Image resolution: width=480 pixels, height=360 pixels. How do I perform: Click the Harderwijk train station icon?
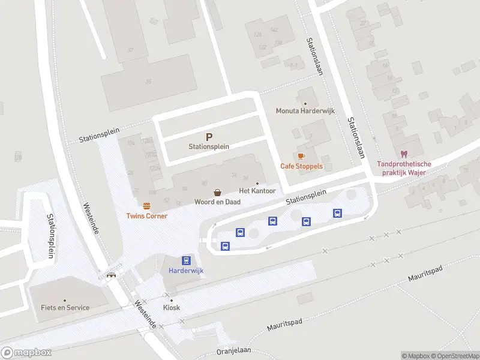click(x=187, y=260)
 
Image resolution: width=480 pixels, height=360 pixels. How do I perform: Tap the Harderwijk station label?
click(x=186, y=271)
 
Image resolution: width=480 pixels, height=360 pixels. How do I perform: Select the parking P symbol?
click(x=209, y=137)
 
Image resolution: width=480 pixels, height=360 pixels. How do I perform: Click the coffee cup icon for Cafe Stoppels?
click(x=301, y=156)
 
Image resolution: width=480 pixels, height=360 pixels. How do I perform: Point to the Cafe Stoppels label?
click(x=301, y=166)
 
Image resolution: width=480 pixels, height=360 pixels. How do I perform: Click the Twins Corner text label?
click(x=146, y=216)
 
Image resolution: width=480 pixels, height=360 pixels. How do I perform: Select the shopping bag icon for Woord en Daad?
click(x=217, y=193)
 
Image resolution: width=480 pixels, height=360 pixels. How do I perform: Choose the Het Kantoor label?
click(x=257, y=191)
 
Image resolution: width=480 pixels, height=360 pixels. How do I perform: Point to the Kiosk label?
click(x=172, y=308)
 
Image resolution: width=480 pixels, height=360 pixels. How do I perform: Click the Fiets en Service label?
click(x=65, y=308)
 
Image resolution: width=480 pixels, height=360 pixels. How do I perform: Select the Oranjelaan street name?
click(x=235, y=350)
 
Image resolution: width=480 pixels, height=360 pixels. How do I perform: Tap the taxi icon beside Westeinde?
click(x=112, y=275)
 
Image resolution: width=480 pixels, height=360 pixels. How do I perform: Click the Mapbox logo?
click(x=26, y=352)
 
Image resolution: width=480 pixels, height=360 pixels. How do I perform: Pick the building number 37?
click(x=130, y=50)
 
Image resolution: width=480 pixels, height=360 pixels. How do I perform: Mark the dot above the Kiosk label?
click(x=172, y=300)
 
